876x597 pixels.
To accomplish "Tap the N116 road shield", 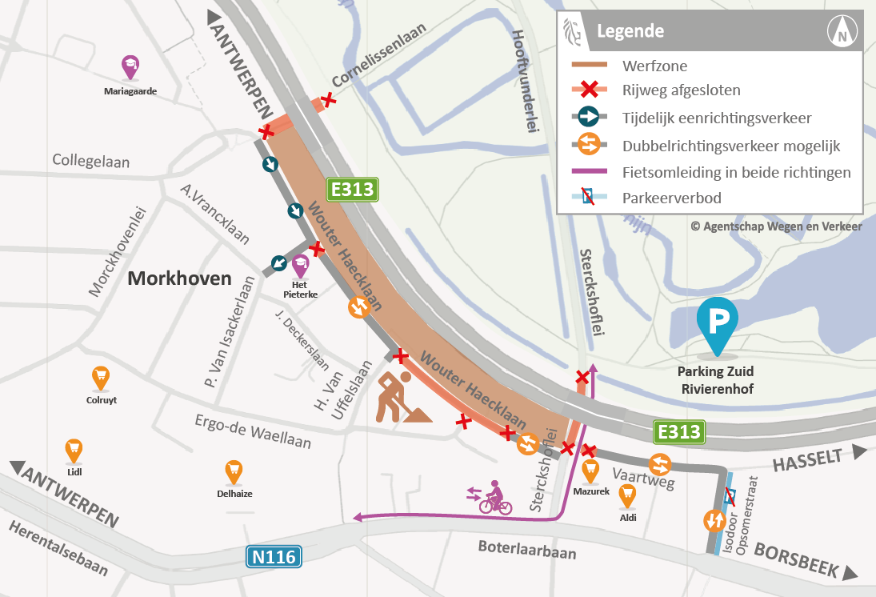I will [273, 557].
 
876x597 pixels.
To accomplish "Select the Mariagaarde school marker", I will [130, 66].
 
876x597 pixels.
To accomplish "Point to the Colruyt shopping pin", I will [100, 376].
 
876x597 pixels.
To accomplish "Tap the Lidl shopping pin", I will [74, 450].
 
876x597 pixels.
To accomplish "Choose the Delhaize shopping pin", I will [234, 470].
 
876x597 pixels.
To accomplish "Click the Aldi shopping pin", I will [627, 495].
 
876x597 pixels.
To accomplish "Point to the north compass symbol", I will [842, 33].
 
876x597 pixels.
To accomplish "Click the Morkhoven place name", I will [179, 278].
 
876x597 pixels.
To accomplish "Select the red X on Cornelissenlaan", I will [327, 101].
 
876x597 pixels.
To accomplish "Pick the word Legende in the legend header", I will [630, 32].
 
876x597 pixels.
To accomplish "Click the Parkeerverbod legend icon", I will [588, 198].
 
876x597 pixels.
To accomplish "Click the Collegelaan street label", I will [91, 162].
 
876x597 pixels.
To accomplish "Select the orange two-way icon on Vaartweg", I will [660, 463].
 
